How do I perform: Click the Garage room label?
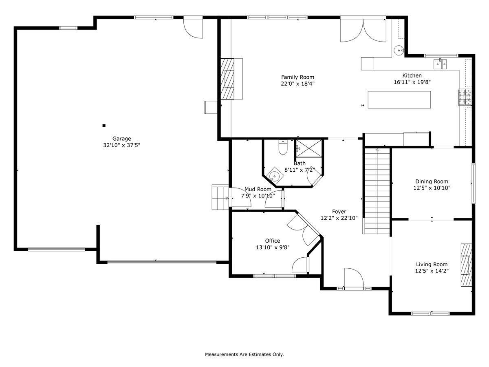click(x=121, y=139)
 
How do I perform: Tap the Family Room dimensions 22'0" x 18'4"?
click(x=297, y=83)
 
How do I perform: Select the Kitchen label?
click(x=412, y=75)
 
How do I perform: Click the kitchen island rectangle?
click(x=399, y=99)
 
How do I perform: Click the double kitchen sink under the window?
click(x=440, y=63)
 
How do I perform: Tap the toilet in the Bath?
click(x=283, y=147)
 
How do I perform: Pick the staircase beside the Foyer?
click(x=377, y=190)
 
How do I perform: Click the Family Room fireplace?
click(x=228, y=79)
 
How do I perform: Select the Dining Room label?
click(x=432, y=181)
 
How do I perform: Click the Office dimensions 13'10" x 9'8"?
click(x=272, y=247)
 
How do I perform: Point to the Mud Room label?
click(x=258, y=189)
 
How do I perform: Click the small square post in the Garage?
click(x=104, y=126)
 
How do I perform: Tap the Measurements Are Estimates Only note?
click(x=244, y=354)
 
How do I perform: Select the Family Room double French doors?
click(x=363, y=29)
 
